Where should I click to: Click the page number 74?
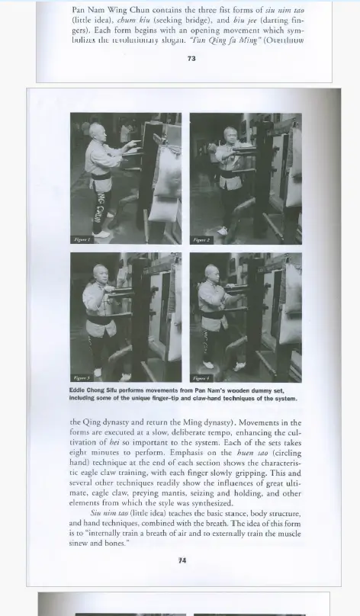coord(182,560)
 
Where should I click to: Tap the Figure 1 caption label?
coord(82,239)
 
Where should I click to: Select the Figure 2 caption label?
coord(201,239)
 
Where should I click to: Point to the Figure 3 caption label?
coord(82,377)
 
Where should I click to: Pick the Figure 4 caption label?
coord(201,377)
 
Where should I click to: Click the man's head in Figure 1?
coord(95,131)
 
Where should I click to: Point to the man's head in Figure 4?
coord(212,272)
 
